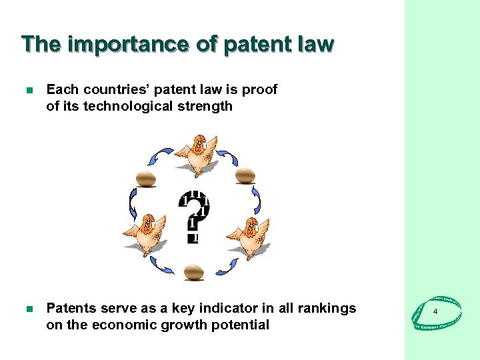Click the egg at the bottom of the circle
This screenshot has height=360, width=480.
[193, 271]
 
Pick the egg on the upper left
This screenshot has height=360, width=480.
[145, 179]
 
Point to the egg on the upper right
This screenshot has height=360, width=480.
[246, 175]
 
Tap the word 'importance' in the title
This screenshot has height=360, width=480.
[129, 44]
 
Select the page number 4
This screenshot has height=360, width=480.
[435, 312]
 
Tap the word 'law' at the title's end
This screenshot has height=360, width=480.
[315, 44]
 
